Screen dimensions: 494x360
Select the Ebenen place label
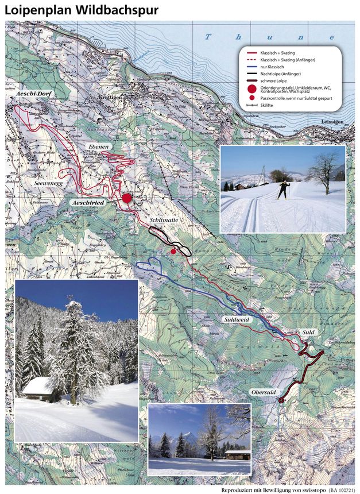click(99, 148)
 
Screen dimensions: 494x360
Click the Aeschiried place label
click(91, 203)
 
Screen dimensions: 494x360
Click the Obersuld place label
click(265, 392)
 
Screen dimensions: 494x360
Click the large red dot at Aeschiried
click(126, 198)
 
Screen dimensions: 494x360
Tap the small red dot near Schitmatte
click(173, 252)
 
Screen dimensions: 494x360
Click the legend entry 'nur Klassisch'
click(272, 67)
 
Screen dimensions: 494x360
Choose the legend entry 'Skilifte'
click(268, 106)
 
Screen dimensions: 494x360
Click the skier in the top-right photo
click(283, 190)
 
